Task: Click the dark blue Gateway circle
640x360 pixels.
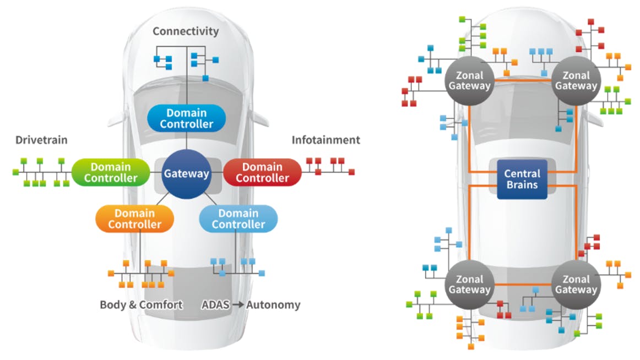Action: pos(186,174)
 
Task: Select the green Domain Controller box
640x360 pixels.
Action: pos(111,172)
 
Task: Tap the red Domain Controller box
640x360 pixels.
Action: pos(262,172)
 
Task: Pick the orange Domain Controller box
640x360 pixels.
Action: pos(134,219)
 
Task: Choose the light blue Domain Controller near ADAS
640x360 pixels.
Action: pos(238,219)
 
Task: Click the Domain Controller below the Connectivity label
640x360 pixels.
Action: pos(186,118)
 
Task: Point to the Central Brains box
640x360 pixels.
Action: pos(522,179)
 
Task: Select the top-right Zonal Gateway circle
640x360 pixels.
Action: pos(576,80)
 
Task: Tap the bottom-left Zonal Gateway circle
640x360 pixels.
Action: pos(469,284)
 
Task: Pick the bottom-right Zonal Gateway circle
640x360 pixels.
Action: pos(576,284)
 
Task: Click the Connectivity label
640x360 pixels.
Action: pos(186,31)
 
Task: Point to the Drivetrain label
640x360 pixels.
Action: pos(41,140)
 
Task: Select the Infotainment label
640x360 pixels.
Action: pos(326,140)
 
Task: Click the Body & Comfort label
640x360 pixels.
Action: pos(141,304)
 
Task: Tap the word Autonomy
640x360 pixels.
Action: pos(273,304)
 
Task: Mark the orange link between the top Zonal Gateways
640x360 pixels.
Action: pos(522,80)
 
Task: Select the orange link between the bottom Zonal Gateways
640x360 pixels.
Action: pos(522,284)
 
